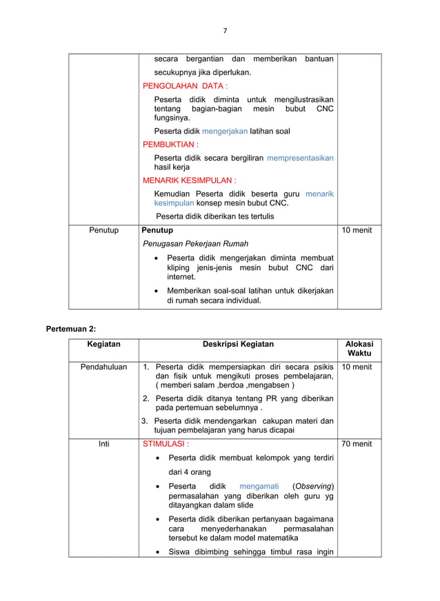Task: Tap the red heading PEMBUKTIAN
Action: (x=170, y=145)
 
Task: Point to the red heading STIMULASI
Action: (x=166, y=444)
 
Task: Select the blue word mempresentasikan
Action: (x=300, y=158)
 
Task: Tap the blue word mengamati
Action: (x=259, y=487)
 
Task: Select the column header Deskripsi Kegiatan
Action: (x=238, y=345)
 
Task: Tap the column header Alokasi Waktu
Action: (x=359, y=349)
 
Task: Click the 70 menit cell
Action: (x=357, y=444)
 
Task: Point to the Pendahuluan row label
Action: (x=103, y=367)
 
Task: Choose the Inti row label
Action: (x=103, y=444)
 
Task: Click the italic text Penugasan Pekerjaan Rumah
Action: (x=196, y=244)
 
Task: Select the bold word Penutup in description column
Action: (x=157, y=230)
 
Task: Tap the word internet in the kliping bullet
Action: (x=181, y=276)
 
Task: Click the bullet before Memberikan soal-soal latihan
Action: (x=158, y=291)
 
